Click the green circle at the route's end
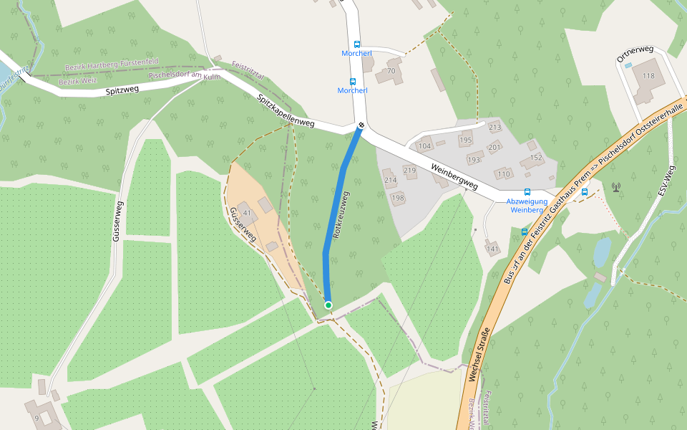point(328,305)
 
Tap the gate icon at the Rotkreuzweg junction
point(361,126)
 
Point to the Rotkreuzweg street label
point(341,215)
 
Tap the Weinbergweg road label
point(455,176)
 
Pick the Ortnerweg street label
point(635,54)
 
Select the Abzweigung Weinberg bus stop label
point(527,206)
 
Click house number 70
point(391,71)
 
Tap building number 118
point(648,76)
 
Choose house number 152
point(536,157)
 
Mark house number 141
point(492,249)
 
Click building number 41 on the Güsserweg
point(248,213)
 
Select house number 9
point(36,419)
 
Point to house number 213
point(495,127)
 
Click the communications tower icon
point(615,188)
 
